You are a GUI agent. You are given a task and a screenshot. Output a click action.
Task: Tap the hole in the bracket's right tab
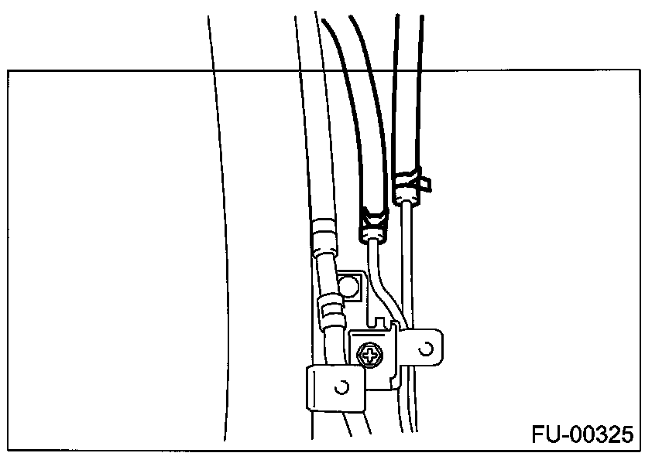425,348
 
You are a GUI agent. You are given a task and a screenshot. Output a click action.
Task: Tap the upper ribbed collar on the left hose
323,235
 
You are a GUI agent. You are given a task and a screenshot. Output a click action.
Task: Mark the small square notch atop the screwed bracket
379,320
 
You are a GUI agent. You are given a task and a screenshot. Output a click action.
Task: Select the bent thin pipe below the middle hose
382,278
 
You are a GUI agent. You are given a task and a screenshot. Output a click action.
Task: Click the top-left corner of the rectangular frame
9,70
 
